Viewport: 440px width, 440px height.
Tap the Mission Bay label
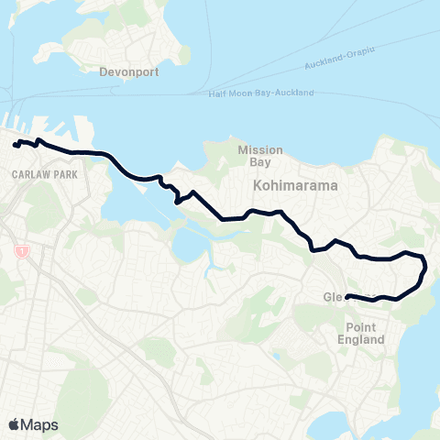coord(260,156)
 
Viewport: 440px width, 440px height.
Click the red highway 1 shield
coord(19,250)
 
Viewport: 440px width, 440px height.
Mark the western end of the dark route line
coord(16,144)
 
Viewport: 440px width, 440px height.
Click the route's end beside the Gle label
coord(348,295)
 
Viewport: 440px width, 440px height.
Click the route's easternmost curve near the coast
coord(424,270)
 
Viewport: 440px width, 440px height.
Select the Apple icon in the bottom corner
coord(14,423)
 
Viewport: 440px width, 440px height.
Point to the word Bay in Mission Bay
coord(260,162)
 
